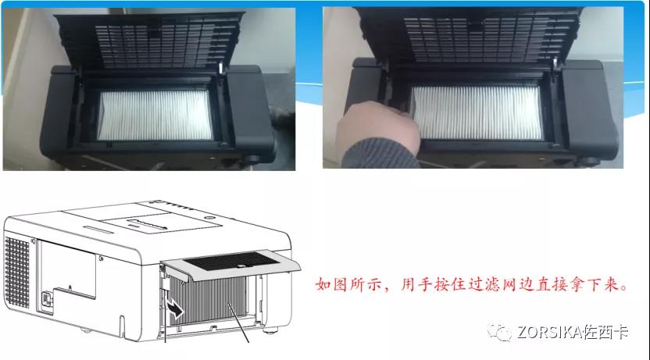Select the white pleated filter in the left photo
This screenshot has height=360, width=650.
pyautogui.click(x=155, y=115)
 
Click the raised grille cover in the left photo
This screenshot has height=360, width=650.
pyautogui.click(x=149, y=41)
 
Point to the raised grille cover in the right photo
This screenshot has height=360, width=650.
pyautogui.click(x=469, y=37)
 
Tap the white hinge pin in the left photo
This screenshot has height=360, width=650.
pyautogui.click(x=220, y=69)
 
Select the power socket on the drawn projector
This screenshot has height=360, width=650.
pyautogui.click(x=45, y=298)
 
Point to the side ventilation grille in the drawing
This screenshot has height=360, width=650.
pyautogui.click(x=17, y=272)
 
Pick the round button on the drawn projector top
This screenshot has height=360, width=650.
pyautogui.click(x=209, y=218)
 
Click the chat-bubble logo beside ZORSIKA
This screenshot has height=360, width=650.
pyautogui.click(x=499, y=332)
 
